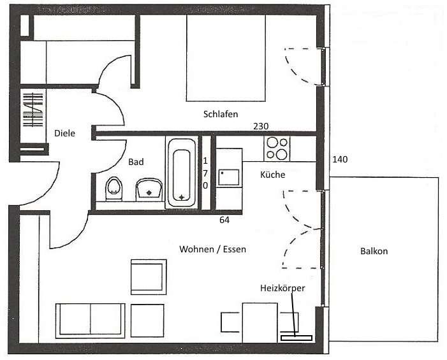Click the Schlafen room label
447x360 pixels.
[x=221, y=114]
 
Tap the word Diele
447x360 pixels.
[x=64, y=133]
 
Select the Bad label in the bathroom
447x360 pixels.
[x=136, y=162]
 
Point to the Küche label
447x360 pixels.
[x=272, y=175]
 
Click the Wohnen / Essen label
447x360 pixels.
[x=213, y=249]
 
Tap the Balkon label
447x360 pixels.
[x=374, y=251]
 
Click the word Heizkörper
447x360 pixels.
[x=282, y=288]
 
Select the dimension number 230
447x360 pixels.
[x=261, y=126]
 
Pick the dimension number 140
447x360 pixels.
[x=340, y=159]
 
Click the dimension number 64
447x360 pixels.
[x=224, y=220]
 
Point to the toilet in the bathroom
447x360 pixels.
[x=114, y=189]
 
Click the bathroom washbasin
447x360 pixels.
[x=149, y=189]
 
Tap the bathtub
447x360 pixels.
[x=182, y=173]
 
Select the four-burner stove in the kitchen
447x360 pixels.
[x=277, y=148]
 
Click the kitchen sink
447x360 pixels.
[x=229, y=177]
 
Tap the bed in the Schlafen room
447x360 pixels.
[x=226, y=58]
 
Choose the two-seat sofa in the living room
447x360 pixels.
[x=91, y=320]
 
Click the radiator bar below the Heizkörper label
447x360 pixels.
[x=297, y=338]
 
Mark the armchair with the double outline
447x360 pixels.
[x=149, y=277]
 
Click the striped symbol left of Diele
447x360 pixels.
[x=33, y=110]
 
